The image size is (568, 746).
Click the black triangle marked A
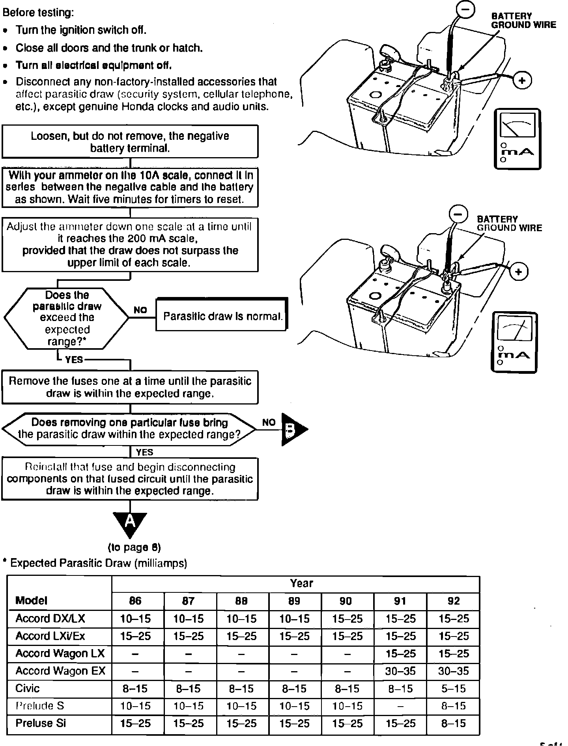coord(130,523)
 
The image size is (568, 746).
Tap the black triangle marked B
coord(292,429)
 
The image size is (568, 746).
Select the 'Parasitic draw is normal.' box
coord(222,316)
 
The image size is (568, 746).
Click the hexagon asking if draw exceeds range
coord(67,318)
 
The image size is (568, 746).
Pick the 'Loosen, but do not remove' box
coord(130,142)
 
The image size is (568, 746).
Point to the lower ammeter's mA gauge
coord(514,342)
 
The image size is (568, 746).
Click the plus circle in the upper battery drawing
coord(522,81)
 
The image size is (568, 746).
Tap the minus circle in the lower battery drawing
coord(458,214)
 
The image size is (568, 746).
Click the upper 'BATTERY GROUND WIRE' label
coord(523,20)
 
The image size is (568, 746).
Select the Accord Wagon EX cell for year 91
coord(400,671)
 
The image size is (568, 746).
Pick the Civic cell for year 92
coord(454,688)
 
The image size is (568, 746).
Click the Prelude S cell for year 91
coord(400,706)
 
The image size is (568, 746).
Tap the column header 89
coord(294,601)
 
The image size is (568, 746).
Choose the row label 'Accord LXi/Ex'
coord(50,636)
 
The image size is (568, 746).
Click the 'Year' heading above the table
coord(301,583)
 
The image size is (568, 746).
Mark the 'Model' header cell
coord(31,601)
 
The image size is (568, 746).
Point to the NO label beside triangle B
coord(269,423)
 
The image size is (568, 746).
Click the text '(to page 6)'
coord(134,547)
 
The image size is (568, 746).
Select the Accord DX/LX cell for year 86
coord(135,619)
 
